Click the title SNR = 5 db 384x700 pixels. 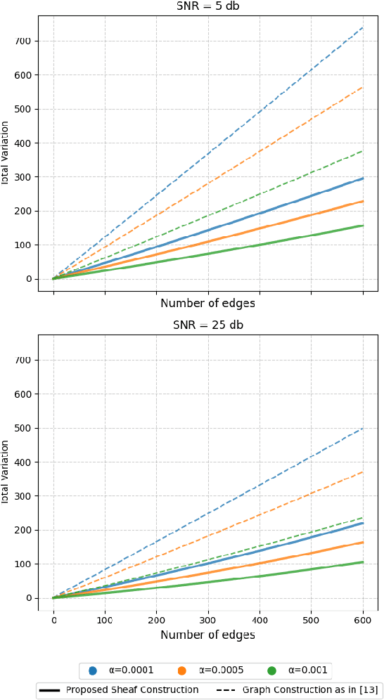click(207, 6)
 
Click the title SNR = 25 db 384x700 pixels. click(207, 325)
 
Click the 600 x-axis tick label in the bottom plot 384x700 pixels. click(363, 621)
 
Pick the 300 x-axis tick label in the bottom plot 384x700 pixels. click(208, 621)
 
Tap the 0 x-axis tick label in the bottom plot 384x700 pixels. click(53, 621)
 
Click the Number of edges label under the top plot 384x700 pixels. click(207, 304)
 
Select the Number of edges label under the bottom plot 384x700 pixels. click(207, 635)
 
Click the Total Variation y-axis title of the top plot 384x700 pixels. click(5, 153)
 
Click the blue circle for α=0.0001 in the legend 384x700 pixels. click(92, 670)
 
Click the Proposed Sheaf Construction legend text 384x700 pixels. click(132, 690)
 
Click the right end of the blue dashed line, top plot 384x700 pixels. click(363, 27)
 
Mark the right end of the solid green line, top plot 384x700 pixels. click(363, 226)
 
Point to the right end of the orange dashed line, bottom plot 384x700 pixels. click(363, 472)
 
